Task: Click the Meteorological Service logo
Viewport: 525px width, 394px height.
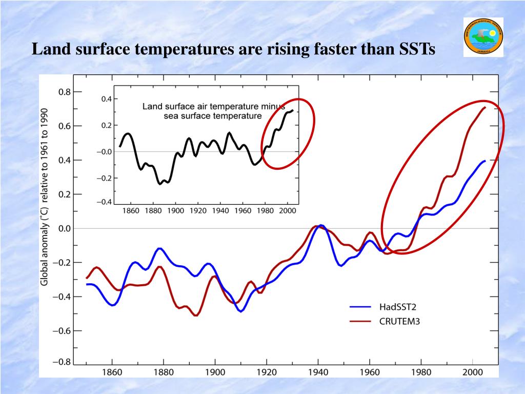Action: [x=483, y=37]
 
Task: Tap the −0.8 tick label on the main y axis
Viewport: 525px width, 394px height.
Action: [x=60, y=362]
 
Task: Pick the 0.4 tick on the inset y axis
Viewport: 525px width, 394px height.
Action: [x=106, y=98]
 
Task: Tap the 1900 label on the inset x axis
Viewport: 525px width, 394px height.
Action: [x=176, y=210]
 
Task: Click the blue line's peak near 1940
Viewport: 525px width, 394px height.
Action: [x=320, y=226]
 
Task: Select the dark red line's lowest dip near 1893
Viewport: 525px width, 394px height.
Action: [x=196, y=315]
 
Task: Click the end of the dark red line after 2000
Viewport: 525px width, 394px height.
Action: [x=485, y=107]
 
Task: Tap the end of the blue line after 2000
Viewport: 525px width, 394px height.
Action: [x=485, y=161]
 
